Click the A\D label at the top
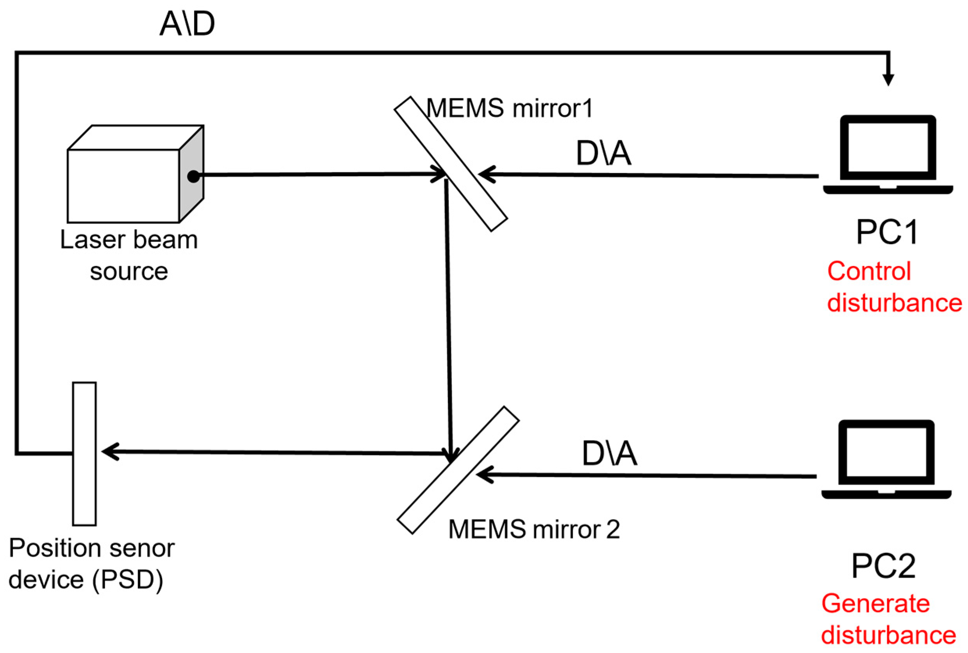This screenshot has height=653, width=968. (187, 24)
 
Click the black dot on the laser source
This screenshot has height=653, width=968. (193, 176)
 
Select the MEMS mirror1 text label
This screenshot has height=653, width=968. (509, 108)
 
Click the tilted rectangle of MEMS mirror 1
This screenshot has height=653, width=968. (451, 164)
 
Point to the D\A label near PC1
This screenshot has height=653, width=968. (603, 153)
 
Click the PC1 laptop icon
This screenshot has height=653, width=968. (888, 154)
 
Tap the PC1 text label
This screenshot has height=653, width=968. (887, 232)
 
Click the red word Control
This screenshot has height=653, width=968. (869, 271)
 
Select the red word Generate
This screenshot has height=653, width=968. (875, 603)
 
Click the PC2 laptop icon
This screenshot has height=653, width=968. (886, 459)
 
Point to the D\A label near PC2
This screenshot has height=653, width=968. (609, 453)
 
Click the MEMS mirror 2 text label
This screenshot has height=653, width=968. (534, 529)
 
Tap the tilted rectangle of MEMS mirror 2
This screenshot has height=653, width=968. (458, 470)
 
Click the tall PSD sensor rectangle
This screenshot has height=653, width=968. (84, 453)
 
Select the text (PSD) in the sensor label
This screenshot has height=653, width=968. (127, 580)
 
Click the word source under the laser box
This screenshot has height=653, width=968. (128, 271)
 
